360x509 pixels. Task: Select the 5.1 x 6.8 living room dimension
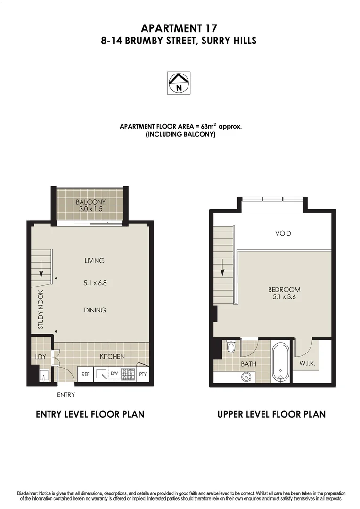tap(94, 283)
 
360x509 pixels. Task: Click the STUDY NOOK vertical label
tap(41, 312)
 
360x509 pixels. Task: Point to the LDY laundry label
tap(41, 357)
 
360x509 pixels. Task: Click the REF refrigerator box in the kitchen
tap(85, 374)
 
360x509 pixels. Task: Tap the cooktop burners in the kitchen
tap(128, 374)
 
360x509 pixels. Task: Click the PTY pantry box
tap(143, 374)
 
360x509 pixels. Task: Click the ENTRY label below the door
tap(65, 395)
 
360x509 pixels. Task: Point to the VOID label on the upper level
tap(283, 233)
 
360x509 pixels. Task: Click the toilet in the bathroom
tap(230, 348)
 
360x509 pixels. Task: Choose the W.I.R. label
tap(307, 364)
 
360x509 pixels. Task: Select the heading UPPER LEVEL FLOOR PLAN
tap(271, 415)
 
